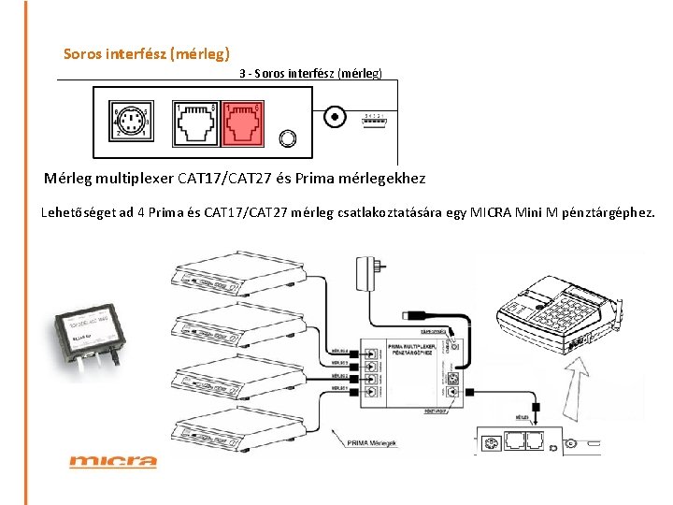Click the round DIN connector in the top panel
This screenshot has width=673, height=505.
[x=130, y=122]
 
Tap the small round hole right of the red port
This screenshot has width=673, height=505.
[x=289, y=138]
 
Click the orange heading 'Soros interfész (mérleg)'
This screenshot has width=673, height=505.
[x=147, y=53]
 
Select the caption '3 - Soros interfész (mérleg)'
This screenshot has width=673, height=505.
[x=310, y=72]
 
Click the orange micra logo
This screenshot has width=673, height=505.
[x=113, y=460]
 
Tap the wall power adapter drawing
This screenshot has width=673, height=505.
[x=368, y=271]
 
